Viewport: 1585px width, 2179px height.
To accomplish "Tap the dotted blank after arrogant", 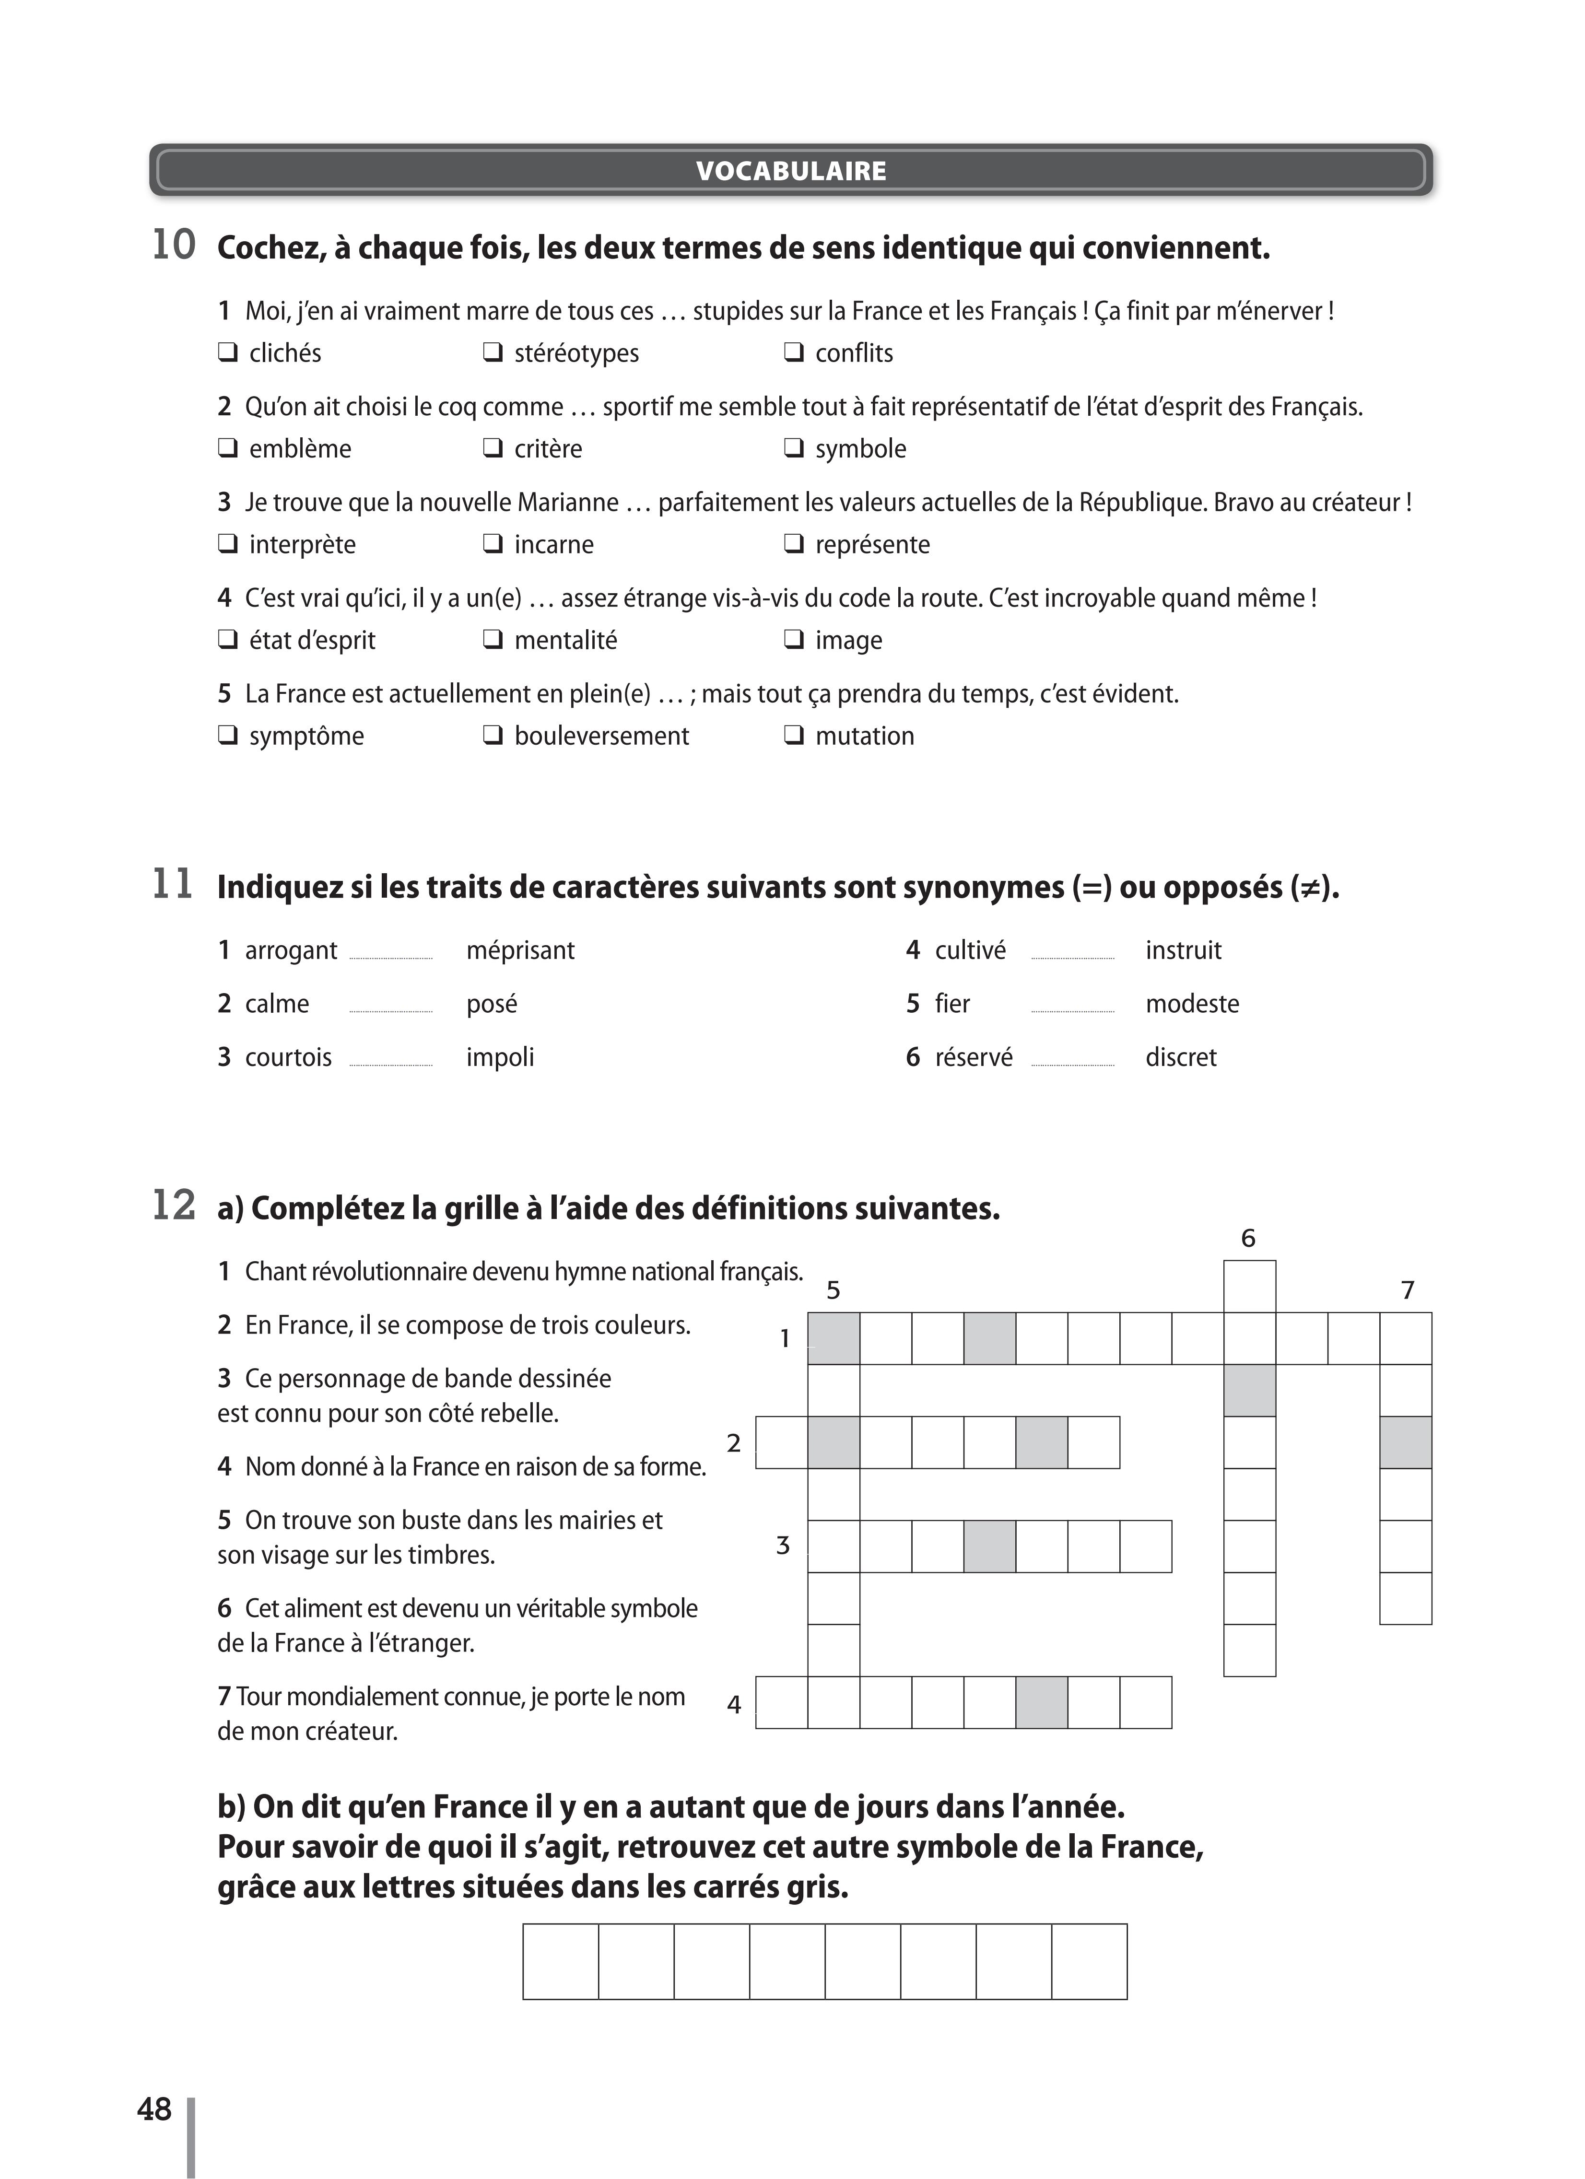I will pos(391,957).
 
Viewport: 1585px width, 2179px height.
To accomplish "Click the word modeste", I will pos(1192,1004).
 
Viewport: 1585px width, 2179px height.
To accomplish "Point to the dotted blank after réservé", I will pos(1072,1064).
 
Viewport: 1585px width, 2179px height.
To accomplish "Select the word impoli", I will pos(500,1058).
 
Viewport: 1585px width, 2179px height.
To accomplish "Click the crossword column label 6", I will pos(1248,1239).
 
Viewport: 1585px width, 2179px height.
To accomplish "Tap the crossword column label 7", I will pos(1407,1290).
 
